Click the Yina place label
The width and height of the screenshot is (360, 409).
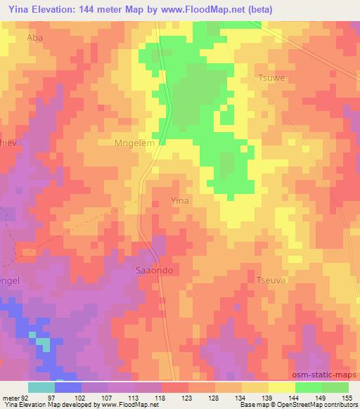[180, 201]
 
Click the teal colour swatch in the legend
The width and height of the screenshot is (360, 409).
[41, 387]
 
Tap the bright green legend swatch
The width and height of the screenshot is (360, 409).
[309, 387]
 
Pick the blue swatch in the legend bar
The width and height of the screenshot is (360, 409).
[68, 387]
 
